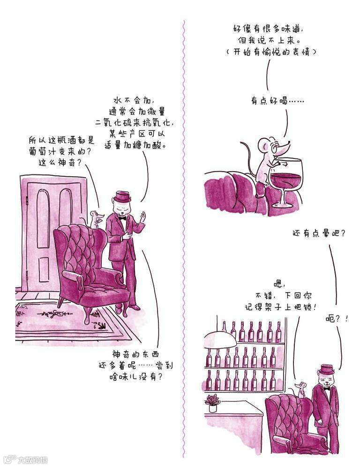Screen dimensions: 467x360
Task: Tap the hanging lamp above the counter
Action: click(x=220, y=339)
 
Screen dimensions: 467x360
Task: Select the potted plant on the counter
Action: click(x=212, y=402)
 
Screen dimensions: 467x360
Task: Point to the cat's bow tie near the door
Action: click(x=122, y=218)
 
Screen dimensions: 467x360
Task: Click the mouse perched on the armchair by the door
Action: click(x=96, y=218)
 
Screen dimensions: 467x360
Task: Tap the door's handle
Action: click(x=27, y=201)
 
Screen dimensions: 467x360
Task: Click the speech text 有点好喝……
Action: click(x=277, y=101)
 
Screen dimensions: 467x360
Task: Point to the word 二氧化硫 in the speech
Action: click(x=112, y=123)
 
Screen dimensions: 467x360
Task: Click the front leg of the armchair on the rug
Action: click(x=86, y=317)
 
